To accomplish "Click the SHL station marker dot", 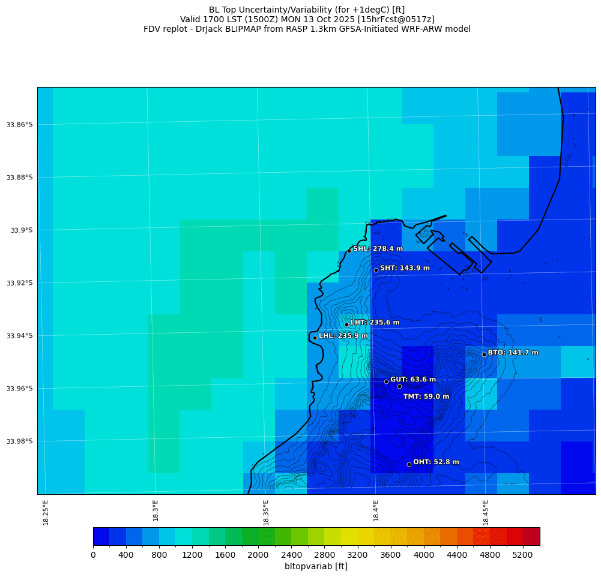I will (x=349, y=251).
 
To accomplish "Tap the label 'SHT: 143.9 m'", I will (x=405, y=268).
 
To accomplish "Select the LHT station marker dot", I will (x=346, y=324).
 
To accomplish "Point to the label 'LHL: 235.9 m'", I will (x=343, y=336).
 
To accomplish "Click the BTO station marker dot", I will (x=484, y=354).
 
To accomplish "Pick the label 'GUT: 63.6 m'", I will (x=413, y=380).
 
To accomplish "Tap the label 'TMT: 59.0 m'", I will (x=426, y=396).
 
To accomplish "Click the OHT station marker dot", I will (x=409, y=464).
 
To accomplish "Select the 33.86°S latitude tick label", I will (x=20, y=125).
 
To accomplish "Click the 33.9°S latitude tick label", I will (x=22, y=230).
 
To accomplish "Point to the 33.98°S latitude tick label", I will (x=20, y=441).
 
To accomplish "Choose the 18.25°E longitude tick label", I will (x=46, y=512).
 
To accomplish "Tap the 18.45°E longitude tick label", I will (x=486, y=512).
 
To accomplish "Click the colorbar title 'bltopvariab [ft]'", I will (x=316, y=566).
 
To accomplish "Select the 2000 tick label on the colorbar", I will (x=258, y=555).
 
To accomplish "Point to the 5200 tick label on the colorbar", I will (x=523, y=555).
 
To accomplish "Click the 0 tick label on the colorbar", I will (x=93, y=555).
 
